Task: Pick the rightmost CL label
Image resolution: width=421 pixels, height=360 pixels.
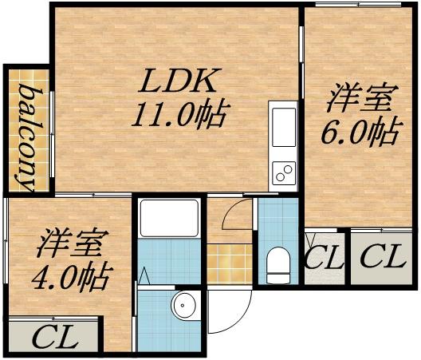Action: click(383, 257)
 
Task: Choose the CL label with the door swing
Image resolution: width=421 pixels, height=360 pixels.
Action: click(325, 258)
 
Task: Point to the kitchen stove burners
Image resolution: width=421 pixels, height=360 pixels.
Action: click(283, 171)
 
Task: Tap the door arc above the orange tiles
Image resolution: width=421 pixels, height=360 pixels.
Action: click(237, 219)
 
